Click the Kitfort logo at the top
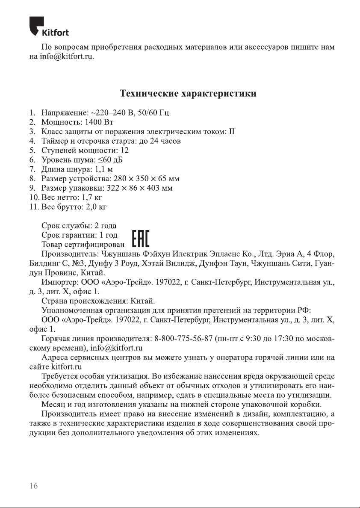(x=49, y=27)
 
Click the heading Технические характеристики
(x=188, y=93)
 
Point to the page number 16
(x=34, y=486)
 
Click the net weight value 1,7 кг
(x=92, y=198)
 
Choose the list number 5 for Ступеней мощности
(x=32, y=151)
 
